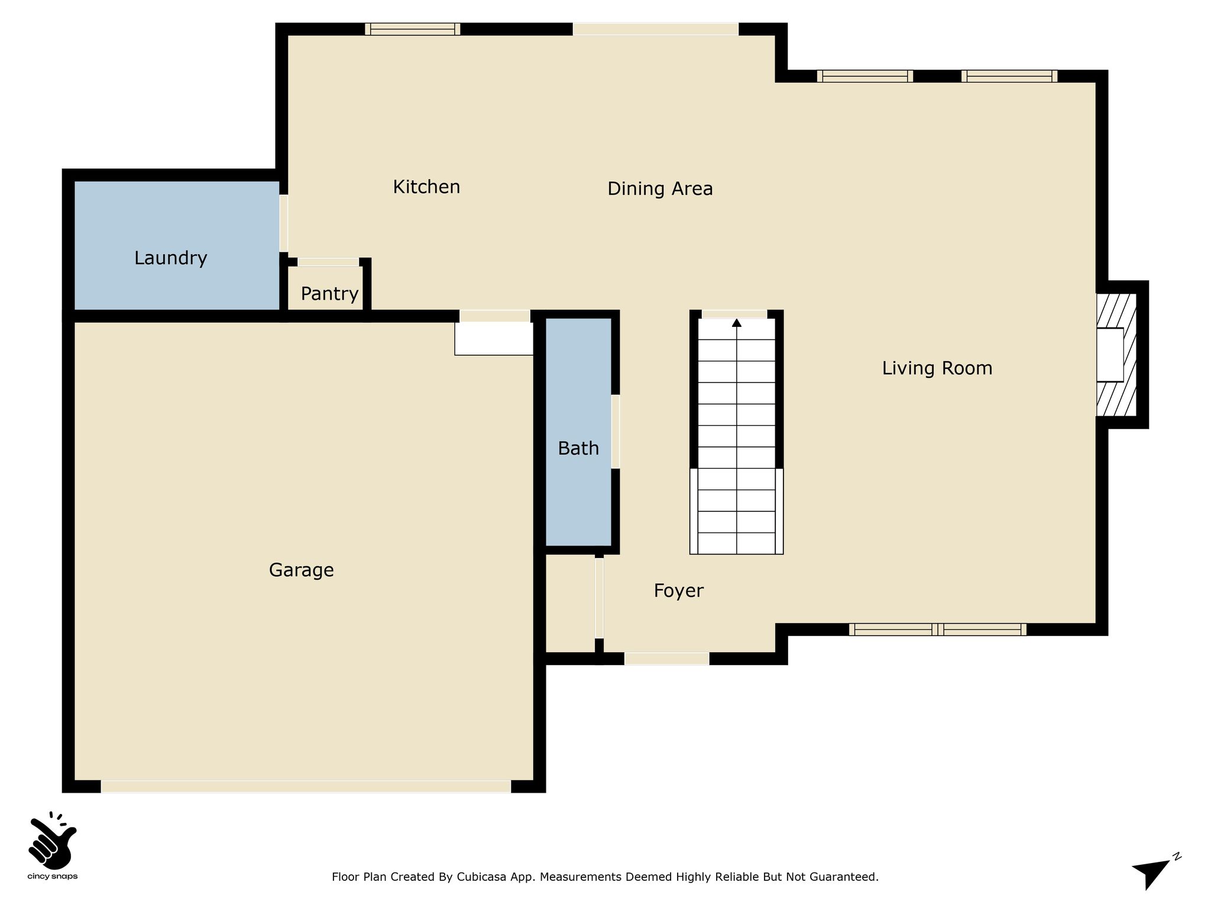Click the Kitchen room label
coord(426,187)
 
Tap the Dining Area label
coord(660,189)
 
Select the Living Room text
coord(937,368)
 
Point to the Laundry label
coord(171,258)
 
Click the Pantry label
coord(329,294)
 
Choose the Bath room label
coord(578,449)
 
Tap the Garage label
coord(302,570)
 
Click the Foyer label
coord(678,591)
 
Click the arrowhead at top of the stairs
coord(737,323)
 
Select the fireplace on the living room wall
coord(1116,355)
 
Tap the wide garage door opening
coord(306,786)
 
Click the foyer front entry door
coord(666,659)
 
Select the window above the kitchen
coord(412,29)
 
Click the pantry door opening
coord(328,262)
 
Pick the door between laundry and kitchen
coord(284,223)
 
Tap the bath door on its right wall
coord(616,432)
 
